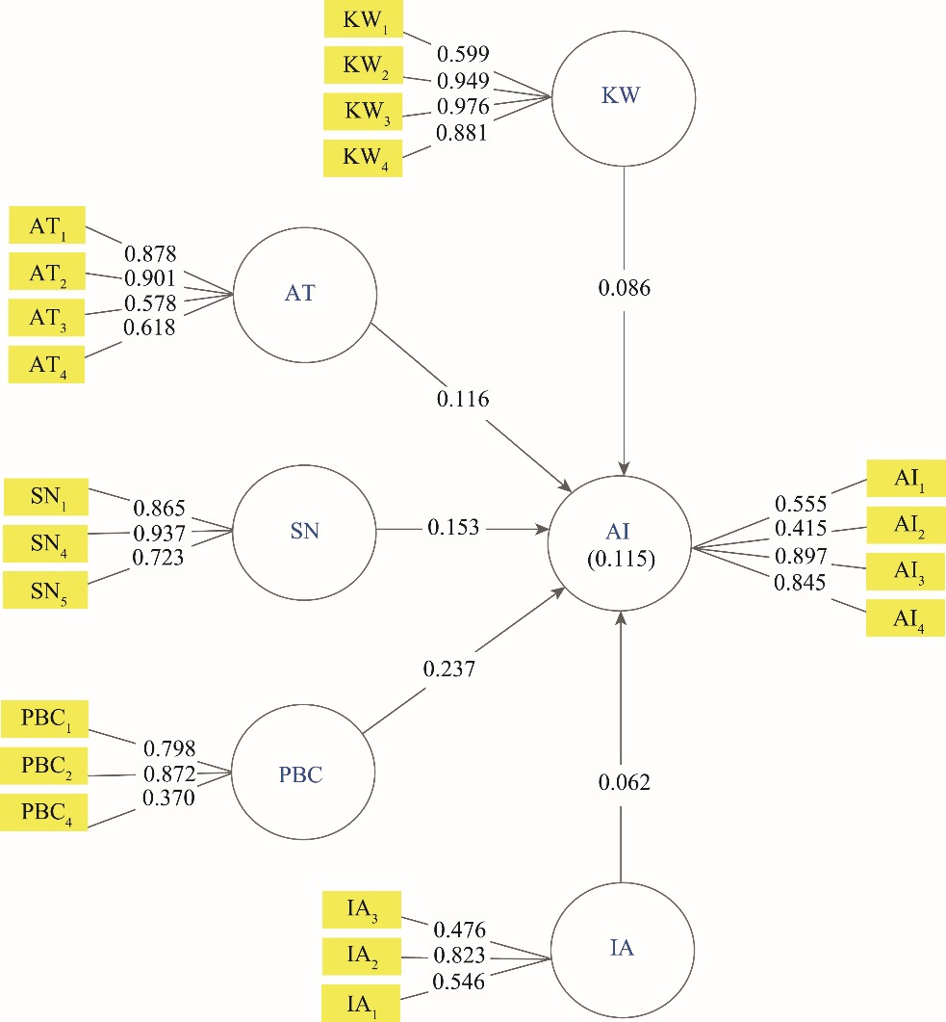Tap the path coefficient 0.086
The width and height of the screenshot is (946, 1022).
click(624, 287)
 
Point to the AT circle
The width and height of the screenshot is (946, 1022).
click(300, 294)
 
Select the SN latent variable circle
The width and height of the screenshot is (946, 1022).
click(304, 529)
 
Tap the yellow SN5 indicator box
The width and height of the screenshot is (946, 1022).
click(46, 589)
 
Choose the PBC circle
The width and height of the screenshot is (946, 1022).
click(299, 773)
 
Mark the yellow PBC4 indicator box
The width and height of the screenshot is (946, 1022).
click(47, 811)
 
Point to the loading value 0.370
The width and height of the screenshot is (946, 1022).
click(168, 798)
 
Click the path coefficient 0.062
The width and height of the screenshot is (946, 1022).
click(623, 782)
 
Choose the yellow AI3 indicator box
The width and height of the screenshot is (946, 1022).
click(906, 571)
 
